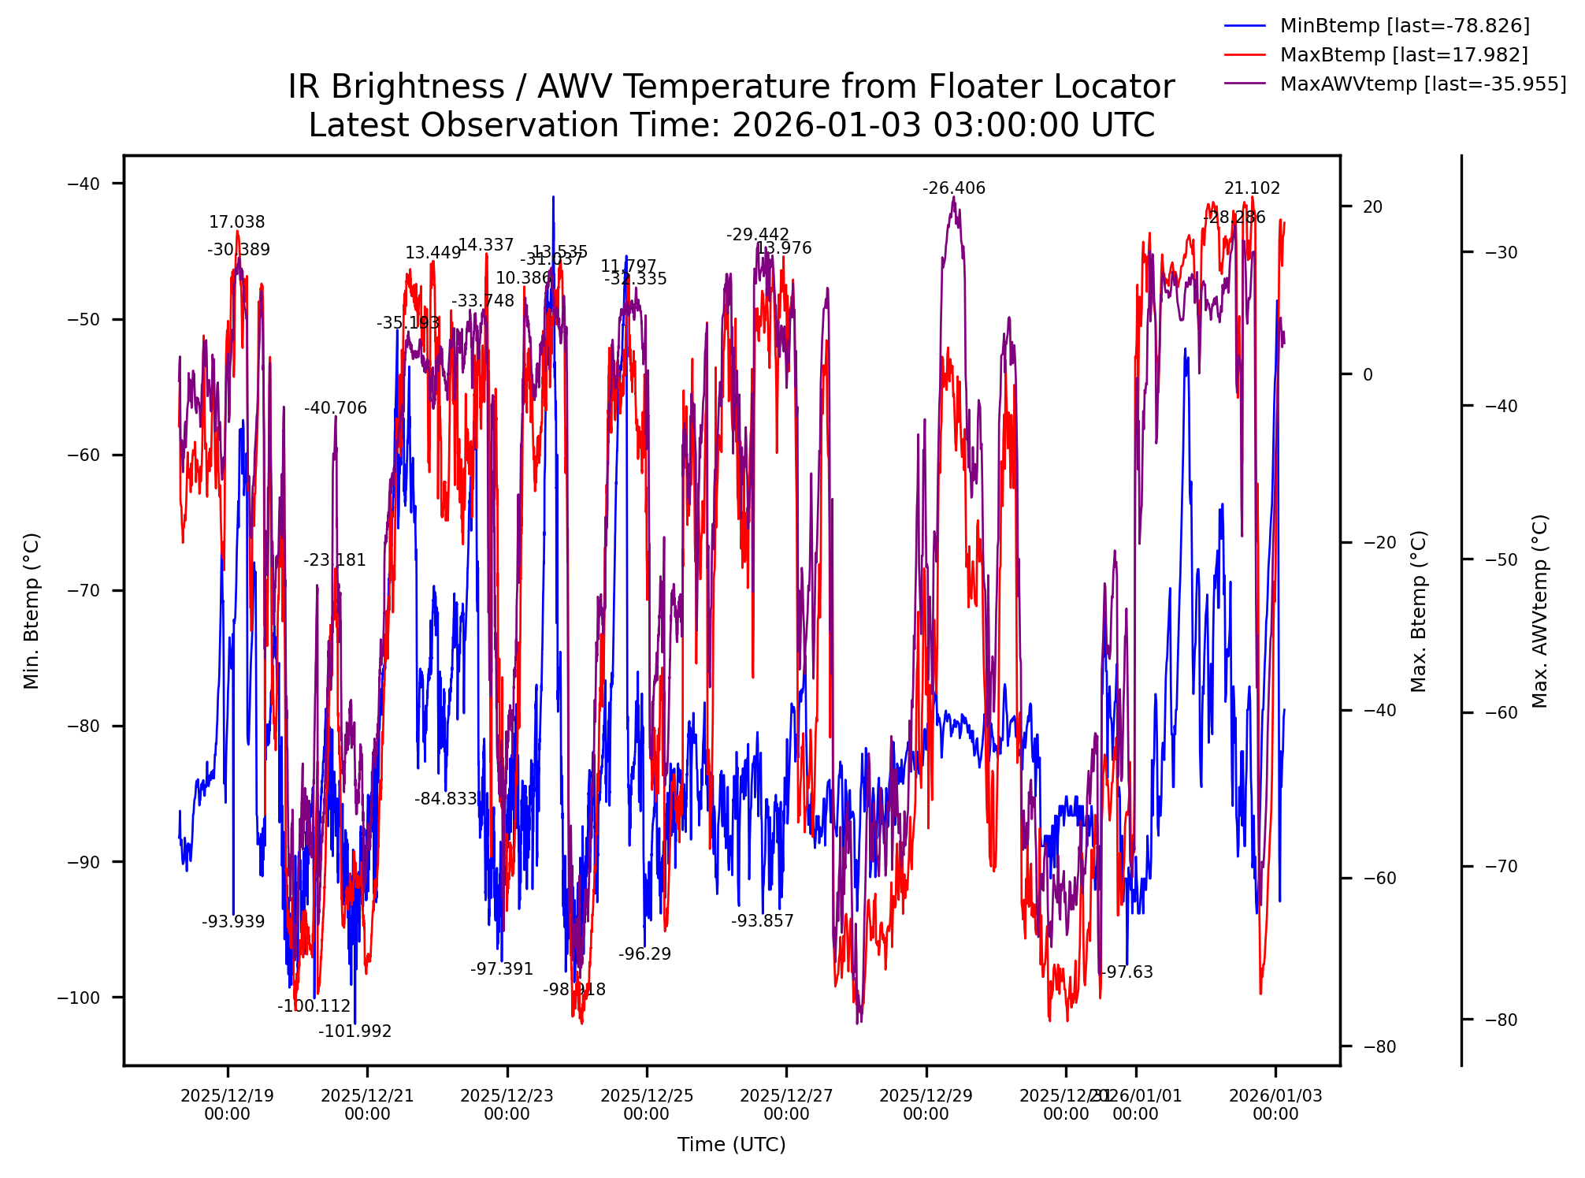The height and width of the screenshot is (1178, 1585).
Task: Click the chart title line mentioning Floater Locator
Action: [730, 87]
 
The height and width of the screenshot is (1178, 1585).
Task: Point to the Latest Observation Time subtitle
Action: [730, 125]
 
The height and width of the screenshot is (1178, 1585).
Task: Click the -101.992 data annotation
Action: [354, 1031]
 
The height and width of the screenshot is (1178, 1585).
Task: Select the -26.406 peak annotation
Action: [953, 188]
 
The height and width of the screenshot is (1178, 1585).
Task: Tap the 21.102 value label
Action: [1251, 188]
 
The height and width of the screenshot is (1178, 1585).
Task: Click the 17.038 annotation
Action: [236, 222]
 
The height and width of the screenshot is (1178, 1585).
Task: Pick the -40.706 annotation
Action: [335, 408]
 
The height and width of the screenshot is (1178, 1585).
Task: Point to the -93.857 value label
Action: [762, 921]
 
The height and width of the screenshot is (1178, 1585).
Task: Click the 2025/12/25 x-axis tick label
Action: [646, 1105]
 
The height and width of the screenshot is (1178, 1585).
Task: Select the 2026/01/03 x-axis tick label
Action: [1275, 1105]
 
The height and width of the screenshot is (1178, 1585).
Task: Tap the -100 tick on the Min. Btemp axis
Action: [79, 998]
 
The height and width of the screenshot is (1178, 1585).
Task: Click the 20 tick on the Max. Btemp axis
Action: [1372, 206]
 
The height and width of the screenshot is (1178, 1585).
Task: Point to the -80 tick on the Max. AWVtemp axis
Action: [1501, 1020]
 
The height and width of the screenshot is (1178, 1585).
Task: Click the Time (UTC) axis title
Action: [731, 1144]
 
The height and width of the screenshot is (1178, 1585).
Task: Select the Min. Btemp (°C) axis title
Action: [32, 611]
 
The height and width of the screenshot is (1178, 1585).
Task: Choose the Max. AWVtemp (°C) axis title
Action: [1540, 611]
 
